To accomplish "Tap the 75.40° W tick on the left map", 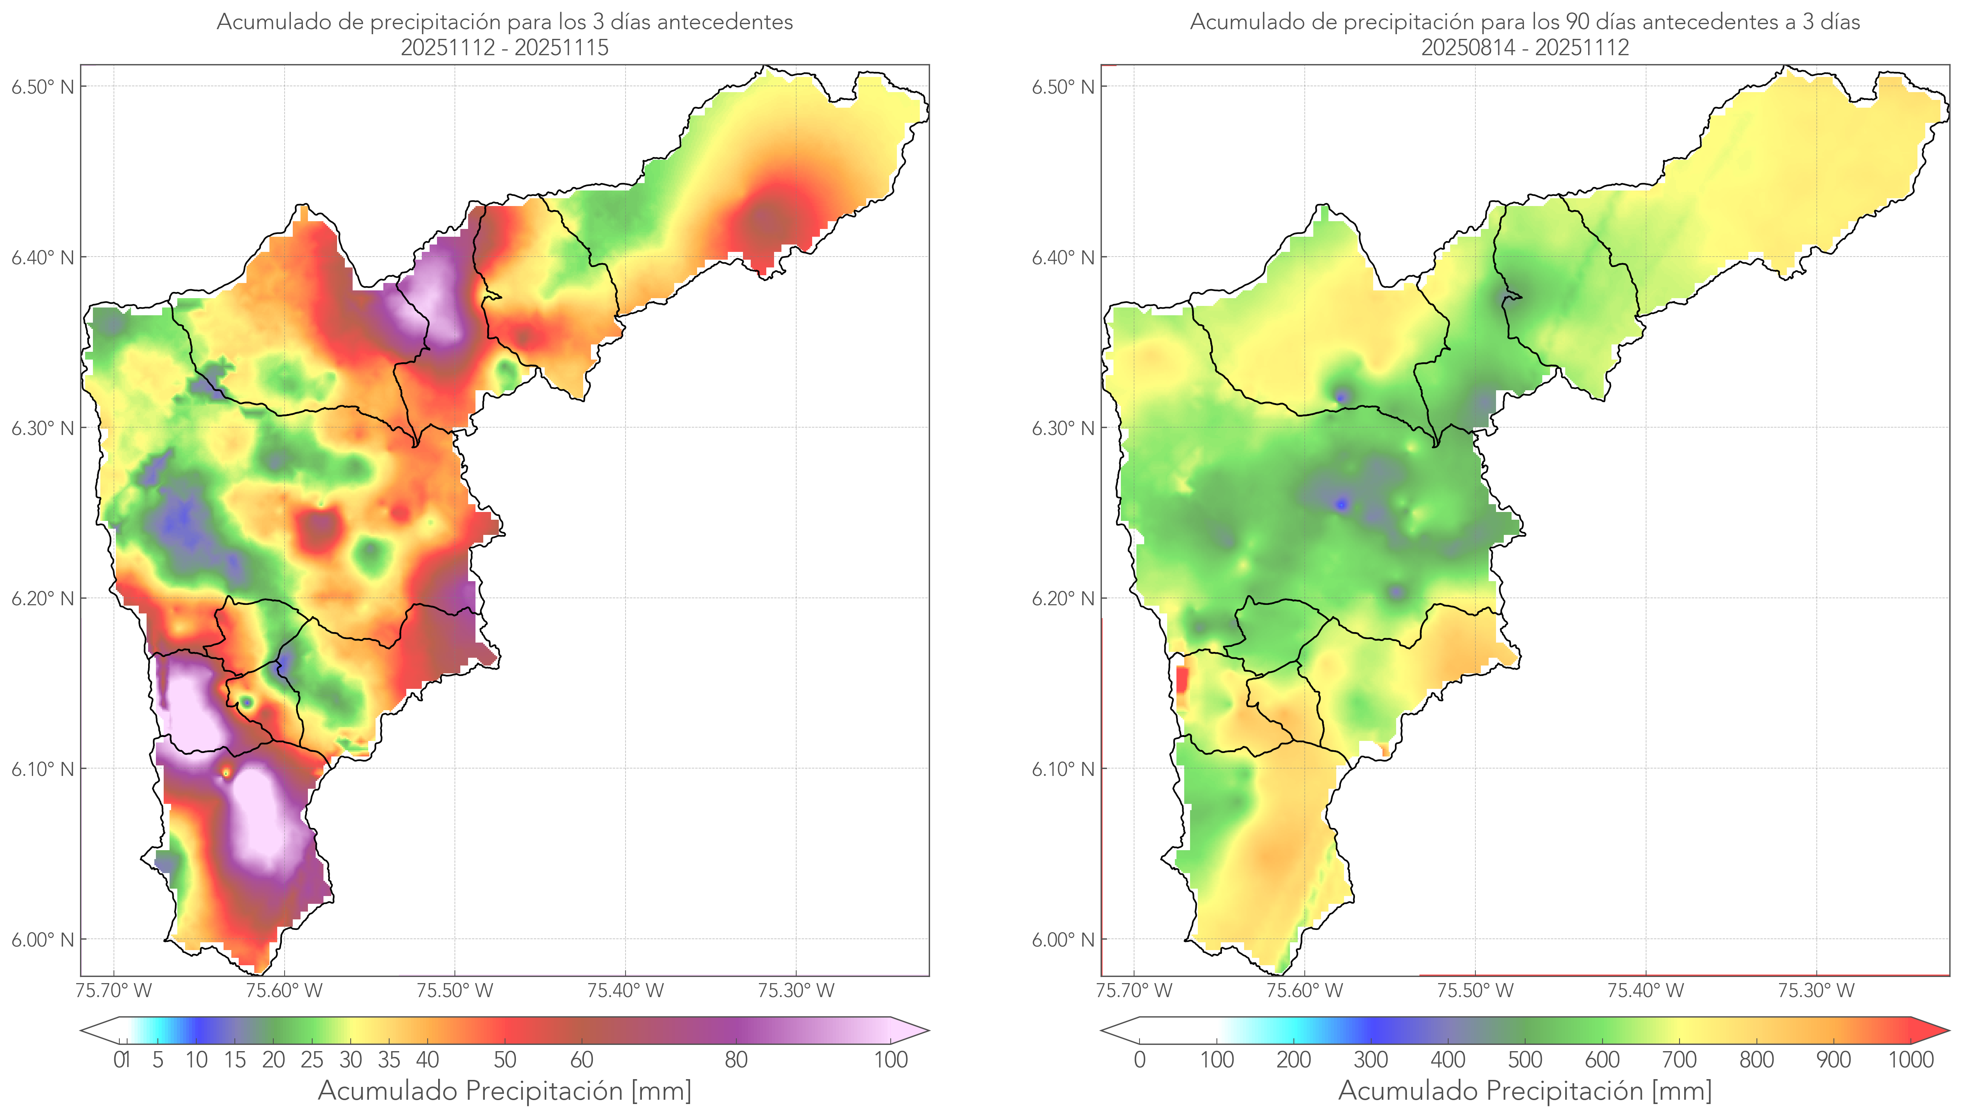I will click(x=625, y=990).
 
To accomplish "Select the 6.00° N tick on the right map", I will click(x=1063, y=940).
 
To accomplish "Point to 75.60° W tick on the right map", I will click(x=1304, y=990).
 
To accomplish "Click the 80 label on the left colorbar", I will click(x=736, y=1060).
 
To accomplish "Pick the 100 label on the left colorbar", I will click(x=891, y=1060).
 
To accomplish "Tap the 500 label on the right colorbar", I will click(x=1525, y=1060).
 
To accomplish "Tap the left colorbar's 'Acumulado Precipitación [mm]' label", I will click(x=505, y=1090).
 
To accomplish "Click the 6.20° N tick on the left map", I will click(x=42, y=598).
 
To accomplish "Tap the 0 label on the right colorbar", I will click(x=1140, y=1060).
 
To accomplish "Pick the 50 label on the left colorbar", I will click(x=505, y=1060).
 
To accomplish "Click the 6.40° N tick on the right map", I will click(x=1063, y=257).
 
